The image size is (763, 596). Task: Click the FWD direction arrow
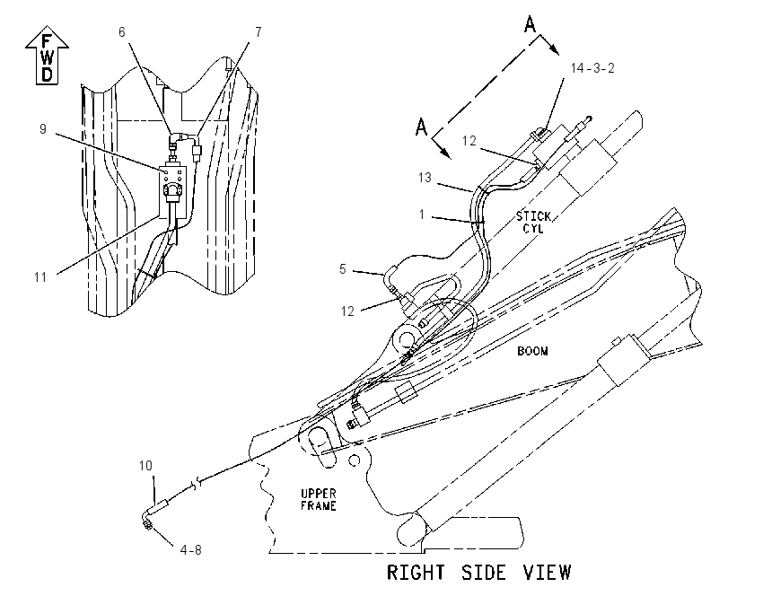pyautogui.click(x=47, y=55)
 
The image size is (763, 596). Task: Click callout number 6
pyautogui.click(x=122, y=32)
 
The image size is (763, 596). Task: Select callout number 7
pyautogui.click(x=259, y=32)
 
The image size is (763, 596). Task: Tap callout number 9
pyautogui.click(x=43, y=129)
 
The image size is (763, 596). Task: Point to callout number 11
pyautogui.click(x=40, y=277)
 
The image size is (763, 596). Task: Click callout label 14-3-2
pyautogui.click(x=592, y=68)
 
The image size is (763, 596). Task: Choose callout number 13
pyautogui.click(x=425, y=178)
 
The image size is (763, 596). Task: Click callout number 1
pyautogui.click(x=422, y=214)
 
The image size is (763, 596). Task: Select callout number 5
pyautogui.click(x=343, y=269)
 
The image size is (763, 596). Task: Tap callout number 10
pyautogui.click(x=145, y=466)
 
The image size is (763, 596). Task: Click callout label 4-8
pyautogui.click(x=190, y=550)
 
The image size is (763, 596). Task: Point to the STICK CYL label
pyautogui.click(x=533, y=222)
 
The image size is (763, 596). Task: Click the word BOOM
pyautogui.click(x=532, y=351)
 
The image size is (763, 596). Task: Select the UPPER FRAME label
pyautogui.click(x=319, y=500)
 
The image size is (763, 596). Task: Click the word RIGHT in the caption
pyautogui.click(x=416, y=572)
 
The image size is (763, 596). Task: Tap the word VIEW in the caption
pyautogui.click(x=547, y=572)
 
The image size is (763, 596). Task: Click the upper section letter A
pyautogui.click(x=530, y=24)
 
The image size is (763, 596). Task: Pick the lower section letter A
pyautogui.click(x=421, y=127)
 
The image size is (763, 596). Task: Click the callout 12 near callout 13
pyautogui.click(x=469, y=141)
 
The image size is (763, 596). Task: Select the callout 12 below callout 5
pyautogui.click(x=347, y=311)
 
